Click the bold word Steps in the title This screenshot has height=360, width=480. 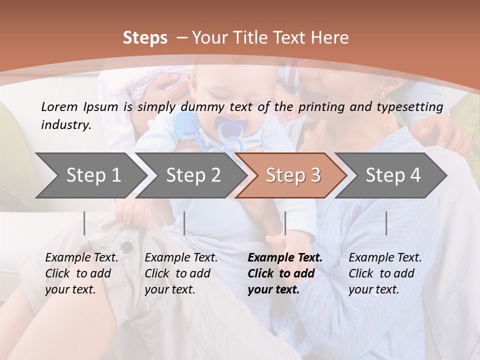tap(145, 38)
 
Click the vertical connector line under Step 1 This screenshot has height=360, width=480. tap(84, 223)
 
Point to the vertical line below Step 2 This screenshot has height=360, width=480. tap(184, 223)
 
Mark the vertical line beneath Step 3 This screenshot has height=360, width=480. tap(285, 223)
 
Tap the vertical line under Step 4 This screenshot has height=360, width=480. tap(386, 223)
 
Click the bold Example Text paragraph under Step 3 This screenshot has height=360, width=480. tap(285, 273)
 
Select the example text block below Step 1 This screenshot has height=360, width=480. tap(81, 273)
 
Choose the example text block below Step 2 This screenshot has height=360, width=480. tap(181, 273)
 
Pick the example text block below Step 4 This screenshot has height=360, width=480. tap(385, 273)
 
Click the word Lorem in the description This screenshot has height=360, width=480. tap(58, 106)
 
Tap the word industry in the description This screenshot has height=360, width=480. tap(66, 124)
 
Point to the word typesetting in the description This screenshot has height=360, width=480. tap(414, 106)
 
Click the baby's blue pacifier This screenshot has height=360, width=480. tap(229, 129)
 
